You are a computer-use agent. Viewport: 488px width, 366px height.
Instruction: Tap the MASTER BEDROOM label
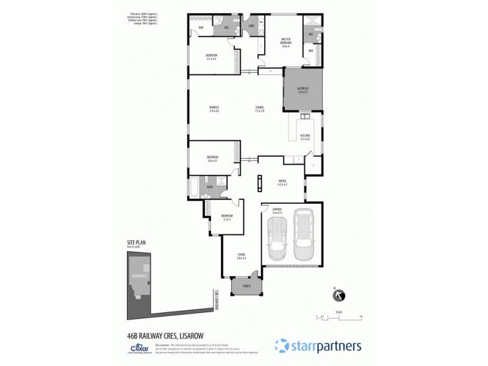tap(285, 42)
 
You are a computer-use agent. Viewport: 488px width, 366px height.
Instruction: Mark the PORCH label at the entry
tap(246, 285)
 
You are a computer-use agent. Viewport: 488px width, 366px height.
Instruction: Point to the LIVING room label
tap(241, 256)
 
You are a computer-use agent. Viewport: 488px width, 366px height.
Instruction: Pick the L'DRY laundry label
tap(251, 26)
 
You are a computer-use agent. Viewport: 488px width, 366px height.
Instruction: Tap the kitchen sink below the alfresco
tap(304, 115)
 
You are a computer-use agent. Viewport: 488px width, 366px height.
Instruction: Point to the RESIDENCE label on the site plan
tap(140, 275)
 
